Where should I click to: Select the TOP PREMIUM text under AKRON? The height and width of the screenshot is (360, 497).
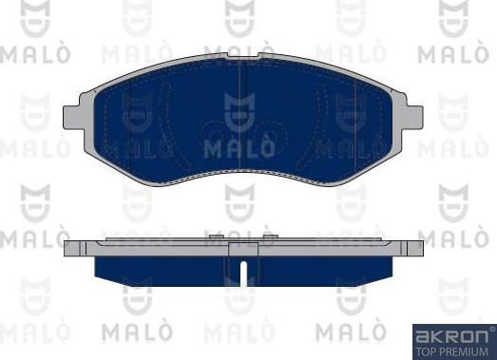coord(453,350)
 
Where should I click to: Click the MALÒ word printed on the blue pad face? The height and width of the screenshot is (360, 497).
coord(243,148)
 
